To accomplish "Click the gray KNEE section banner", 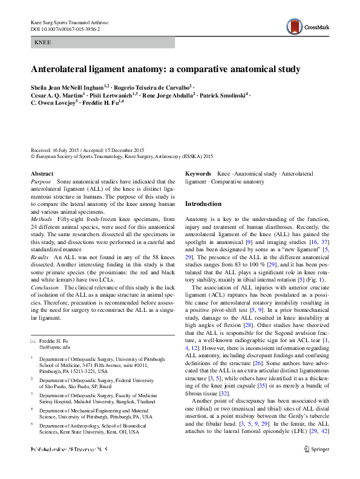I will (x=102, y=43).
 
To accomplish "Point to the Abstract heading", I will (x=42, y=174).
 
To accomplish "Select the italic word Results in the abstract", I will (x=41, y=257).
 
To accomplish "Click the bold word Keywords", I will (x=198, y=174).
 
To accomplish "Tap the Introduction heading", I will (x=203, y=204).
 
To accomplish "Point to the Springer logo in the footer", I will (x=316, y=466).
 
